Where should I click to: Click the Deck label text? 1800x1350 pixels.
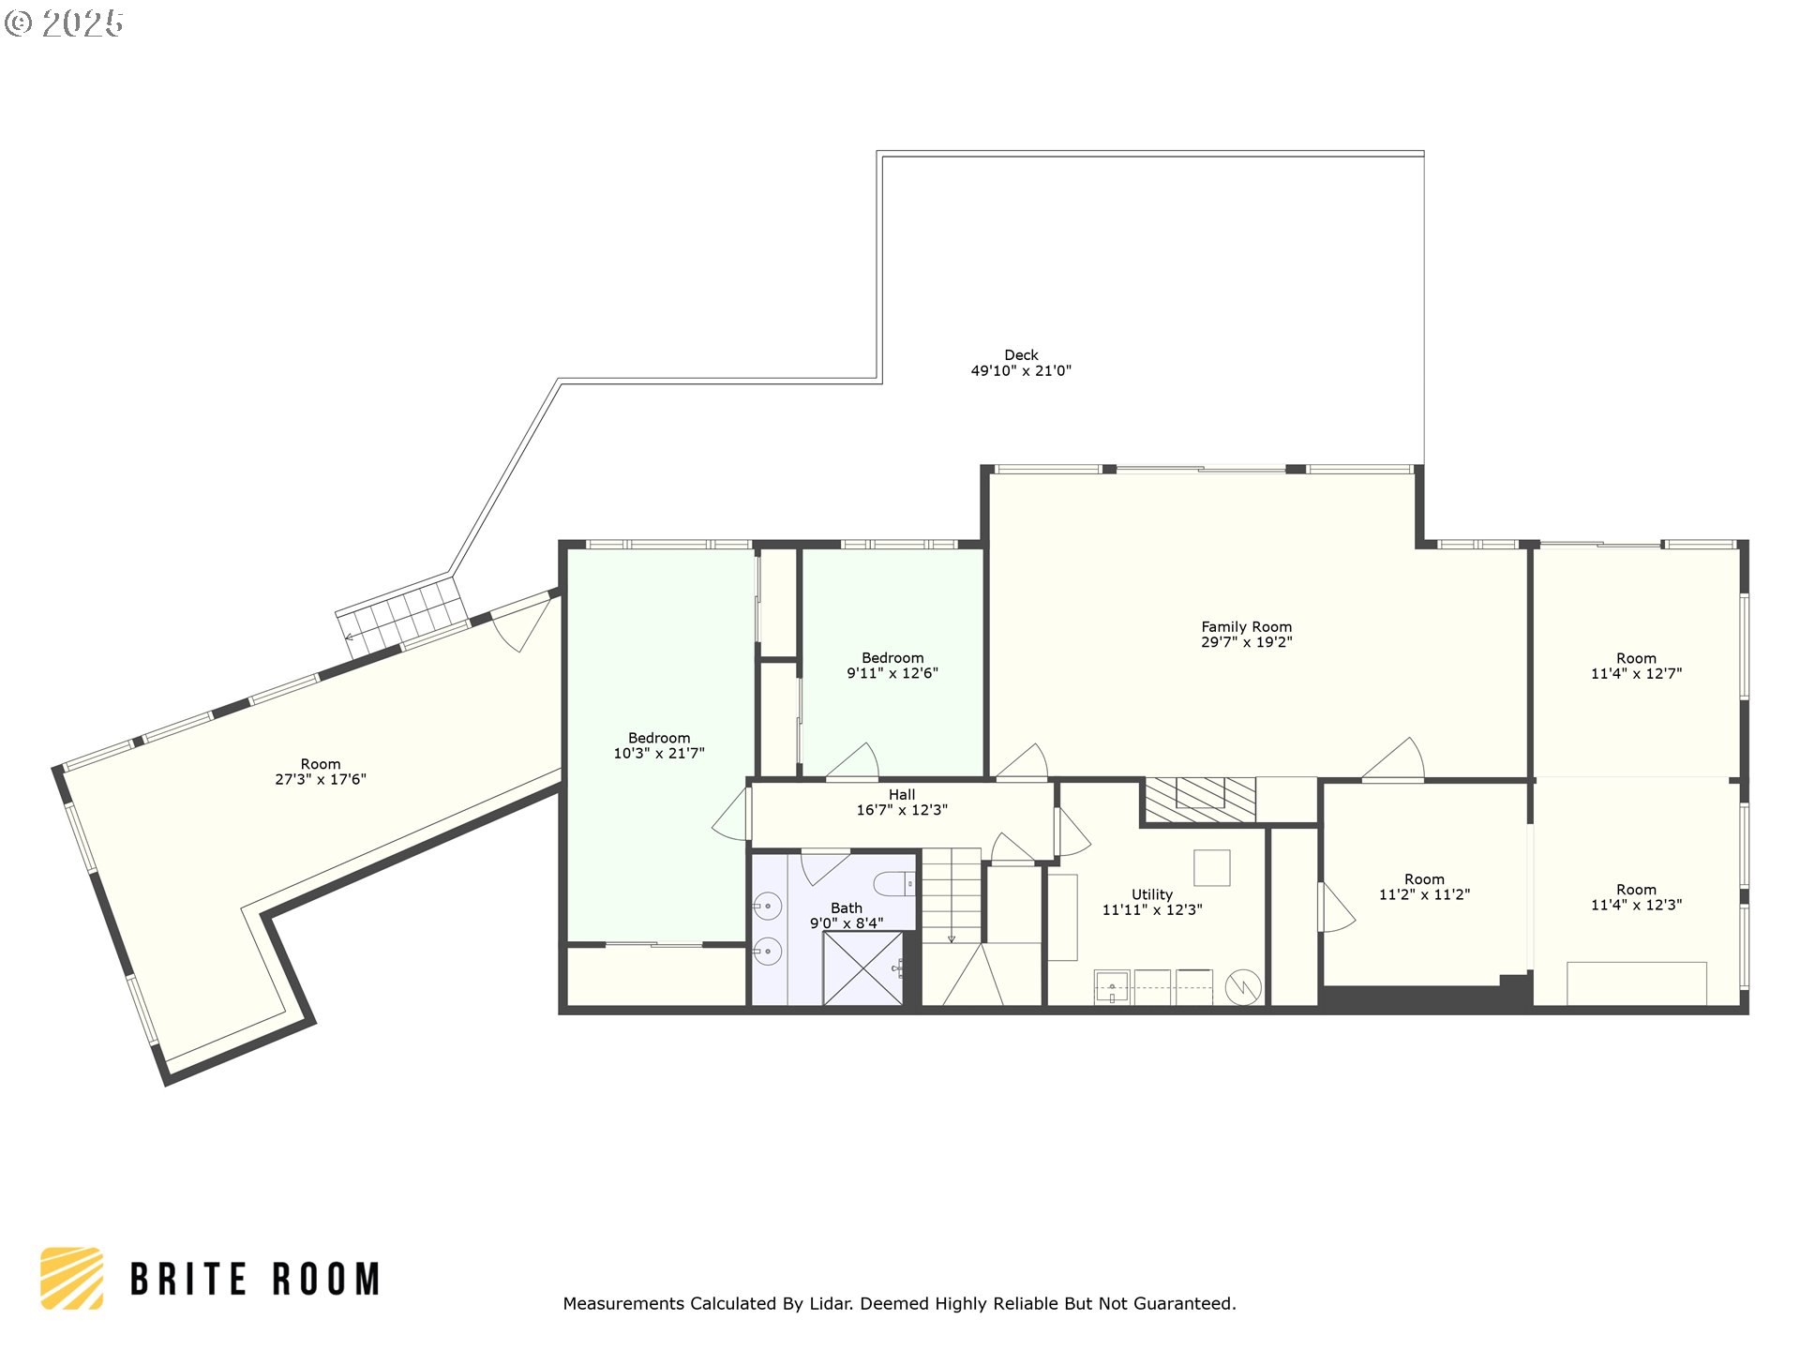coord(1021,355)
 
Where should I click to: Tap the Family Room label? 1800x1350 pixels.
coord(1247,627)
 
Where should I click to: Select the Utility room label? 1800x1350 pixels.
coord(1152,895)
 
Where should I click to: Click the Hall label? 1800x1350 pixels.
coord(902,795)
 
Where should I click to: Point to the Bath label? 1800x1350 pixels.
coord(847,908)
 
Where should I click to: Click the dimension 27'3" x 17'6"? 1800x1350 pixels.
coord(321,780)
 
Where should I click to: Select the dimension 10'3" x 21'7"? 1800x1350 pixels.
coord(659,754)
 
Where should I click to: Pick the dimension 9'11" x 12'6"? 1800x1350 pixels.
coord(892,673)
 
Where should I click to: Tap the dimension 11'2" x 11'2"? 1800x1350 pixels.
coord(1424,895)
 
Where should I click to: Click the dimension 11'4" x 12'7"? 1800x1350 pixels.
coord(1636,674)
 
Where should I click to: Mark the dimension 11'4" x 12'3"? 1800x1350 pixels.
coord(1636,906)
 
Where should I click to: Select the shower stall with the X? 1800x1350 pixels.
coord(862,968)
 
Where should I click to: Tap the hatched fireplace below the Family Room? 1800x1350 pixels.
coord(1201,801)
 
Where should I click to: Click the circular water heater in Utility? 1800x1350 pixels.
coord(1243,987)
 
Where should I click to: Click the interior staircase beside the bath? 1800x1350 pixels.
coord(952,896)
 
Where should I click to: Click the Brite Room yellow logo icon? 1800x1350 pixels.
coord(72,1279)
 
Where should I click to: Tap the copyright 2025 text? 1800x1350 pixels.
coord(64,23)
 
